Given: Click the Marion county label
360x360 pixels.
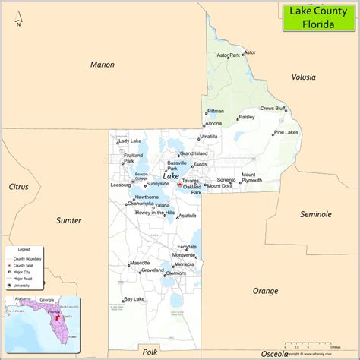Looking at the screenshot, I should (x=102, y=65).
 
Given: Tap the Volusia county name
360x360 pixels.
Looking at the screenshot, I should (x=305, y=77).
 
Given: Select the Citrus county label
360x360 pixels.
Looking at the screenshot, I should (x=18, y=186).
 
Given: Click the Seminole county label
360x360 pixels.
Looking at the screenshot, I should (x=315, y=214).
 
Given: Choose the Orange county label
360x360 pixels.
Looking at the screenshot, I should (x=265, y=290).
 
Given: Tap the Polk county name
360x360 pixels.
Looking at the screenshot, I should (x=150, y=352).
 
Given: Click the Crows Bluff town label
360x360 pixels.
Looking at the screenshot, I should (x=273, y=109).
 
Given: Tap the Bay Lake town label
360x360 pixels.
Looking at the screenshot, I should (x=134, y=299).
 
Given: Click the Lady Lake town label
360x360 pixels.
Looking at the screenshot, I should (x=130, y=141).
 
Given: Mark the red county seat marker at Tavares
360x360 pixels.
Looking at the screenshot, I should (x=179, y=184).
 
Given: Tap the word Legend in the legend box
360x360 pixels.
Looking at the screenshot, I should (x=24, y=249).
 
